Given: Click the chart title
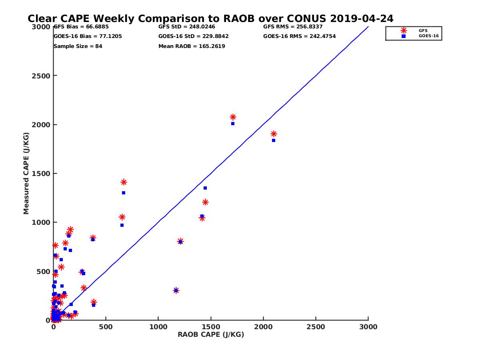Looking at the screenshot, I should pos(210,18).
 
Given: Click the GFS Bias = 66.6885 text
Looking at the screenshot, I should pos(81,27).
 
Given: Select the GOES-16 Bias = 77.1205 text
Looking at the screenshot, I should pos(88,36).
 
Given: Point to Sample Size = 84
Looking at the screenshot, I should pos(78,46).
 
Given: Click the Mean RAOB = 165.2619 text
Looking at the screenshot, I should pos(192,46).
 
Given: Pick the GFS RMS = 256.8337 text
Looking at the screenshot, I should pos(293,27).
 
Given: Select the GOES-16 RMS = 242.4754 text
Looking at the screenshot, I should pos(299,36).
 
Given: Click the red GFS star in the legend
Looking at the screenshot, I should pos(404,30).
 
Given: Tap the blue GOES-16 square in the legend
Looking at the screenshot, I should pos(404,36).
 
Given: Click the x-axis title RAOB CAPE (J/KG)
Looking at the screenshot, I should pos(211,335).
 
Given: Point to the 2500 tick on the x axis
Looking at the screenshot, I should pos(316,327).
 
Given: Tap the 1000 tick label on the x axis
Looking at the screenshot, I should pos(158,327).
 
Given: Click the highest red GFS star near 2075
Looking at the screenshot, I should pos(233,117).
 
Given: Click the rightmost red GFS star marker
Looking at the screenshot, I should pos(274,134).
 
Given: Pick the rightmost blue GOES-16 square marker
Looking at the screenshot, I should pos(274,140).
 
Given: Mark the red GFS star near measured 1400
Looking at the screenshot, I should pos(124,182).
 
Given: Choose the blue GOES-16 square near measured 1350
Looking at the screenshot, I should pos(205,188).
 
